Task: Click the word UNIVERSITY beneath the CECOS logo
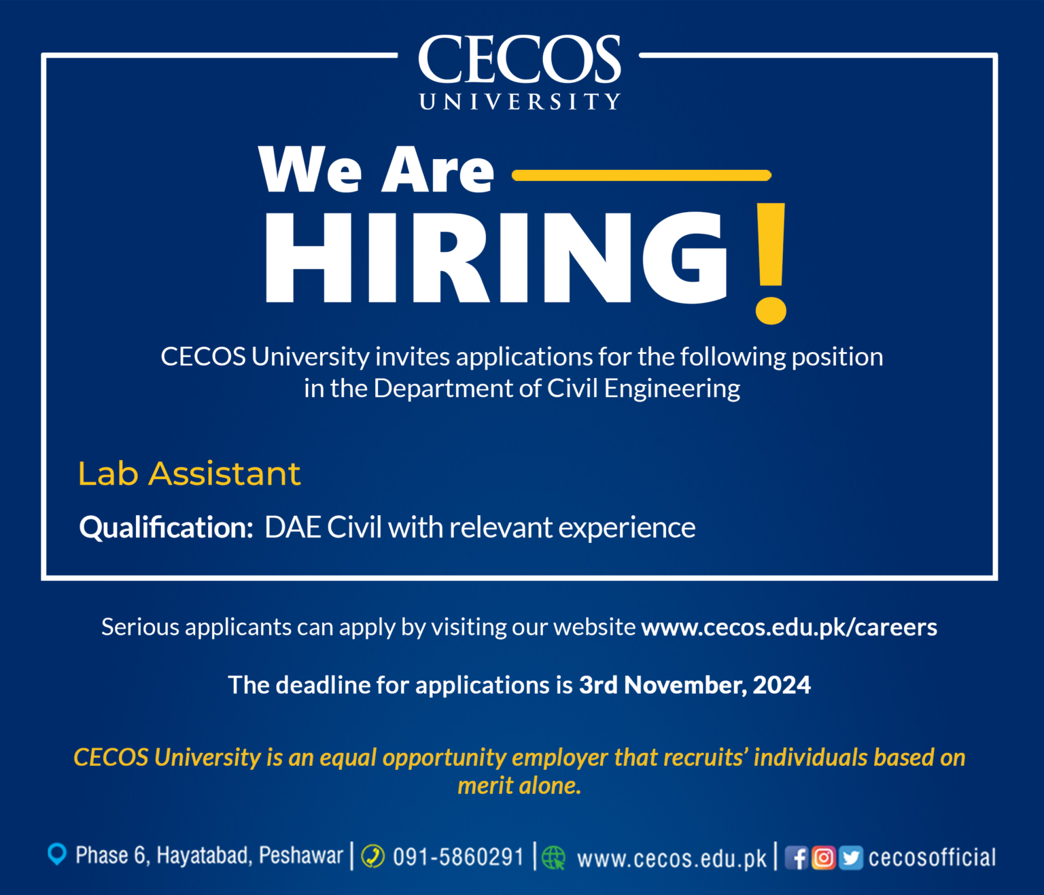coord(520,102)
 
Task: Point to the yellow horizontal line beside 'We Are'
coord(641,175)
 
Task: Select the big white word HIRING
coord(495,258)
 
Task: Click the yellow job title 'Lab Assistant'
coord(189,474)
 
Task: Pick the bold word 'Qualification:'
coord(167,527)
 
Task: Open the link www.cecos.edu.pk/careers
coord(789,627)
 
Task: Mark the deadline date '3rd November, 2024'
coord(695,685)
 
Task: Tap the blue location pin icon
coord(57,854)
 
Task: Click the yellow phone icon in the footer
coord(372,856)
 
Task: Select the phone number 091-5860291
coord(458,857)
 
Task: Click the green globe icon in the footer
coord(554,858)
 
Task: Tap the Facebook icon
coord(797,858)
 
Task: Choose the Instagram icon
coord(823,858)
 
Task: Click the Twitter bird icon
coord(850,858)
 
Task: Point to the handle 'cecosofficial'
coord(932,858)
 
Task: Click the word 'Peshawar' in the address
coord(301,855)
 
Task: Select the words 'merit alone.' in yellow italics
coord(519,786)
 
